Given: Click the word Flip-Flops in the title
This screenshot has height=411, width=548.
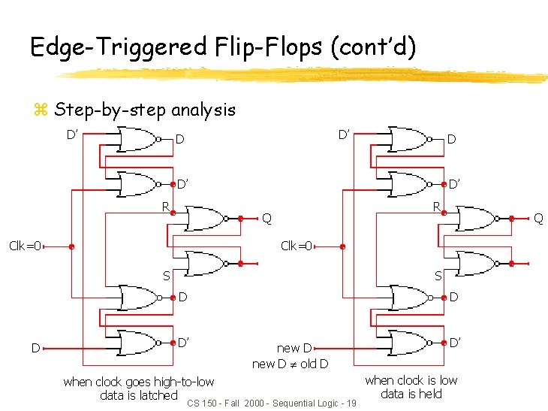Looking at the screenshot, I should pos(251,47).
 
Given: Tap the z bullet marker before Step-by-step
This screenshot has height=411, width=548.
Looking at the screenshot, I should pos(41,111).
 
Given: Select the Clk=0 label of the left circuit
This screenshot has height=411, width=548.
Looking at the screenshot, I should pos(25,246).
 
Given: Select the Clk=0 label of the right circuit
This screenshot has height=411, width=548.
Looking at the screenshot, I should pos(297,246).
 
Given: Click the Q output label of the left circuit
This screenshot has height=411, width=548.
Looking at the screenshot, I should pos(266,219).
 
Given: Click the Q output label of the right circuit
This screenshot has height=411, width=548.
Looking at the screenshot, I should pos(537,219).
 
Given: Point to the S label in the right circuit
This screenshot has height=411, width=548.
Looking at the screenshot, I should pos(438,276).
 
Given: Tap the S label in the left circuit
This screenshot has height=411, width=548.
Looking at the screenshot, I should pos(167,276).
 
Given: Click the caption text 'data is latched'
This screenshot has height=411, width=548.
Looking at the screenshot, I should pos(139,395).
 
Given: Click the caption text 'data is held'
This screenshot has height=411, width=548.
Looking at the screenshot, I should pos(411,394).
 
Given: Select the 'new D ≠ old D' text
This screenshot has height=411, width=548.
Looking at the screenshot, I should pos(289,364).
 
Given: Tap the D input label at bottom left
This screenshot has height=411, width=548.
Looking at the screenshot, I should pos(35,348).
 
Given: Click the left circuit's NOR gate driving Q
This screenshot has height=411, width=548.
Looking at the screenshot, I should pos(203,219).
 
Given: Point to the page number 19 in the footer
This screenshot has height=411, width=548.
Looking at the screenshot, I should pos(351,404).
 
